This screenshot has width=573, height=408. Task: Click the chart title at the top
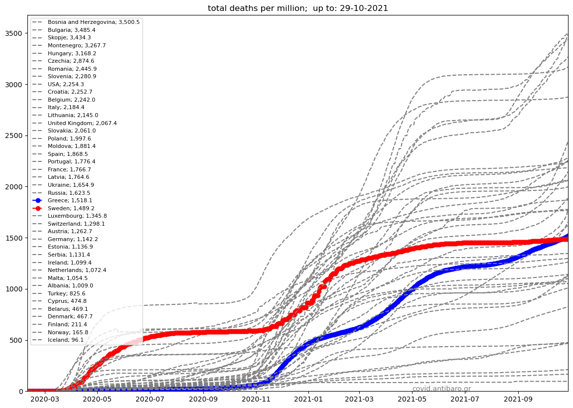pos(297,8)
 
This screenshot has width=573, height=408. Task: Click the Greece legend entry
pos(70,200)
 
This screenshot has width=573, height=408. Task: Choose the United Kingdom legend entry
pos(82,123)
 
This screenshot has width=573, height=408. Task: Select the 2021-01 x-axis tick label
pos(309,399)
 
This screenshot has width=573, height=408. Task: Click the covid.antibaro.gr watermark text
pos(441,389)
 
